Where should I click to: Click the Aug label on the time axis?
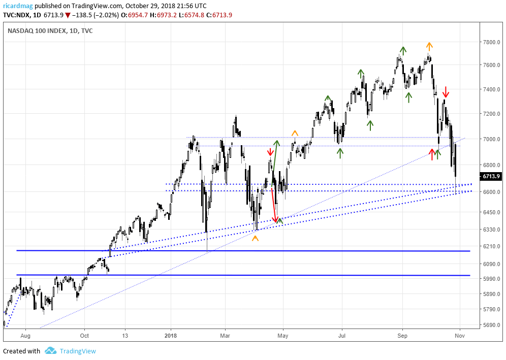25,335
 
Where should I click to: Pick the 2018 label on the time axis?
171,335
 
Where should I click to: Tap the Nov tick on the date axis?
460,335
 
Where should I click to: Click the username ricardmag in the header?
17,6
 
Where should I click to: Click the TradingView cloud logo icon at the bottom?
50,351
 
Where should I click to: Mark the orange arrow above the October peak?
429,45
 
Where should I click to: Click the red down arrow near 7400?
446,92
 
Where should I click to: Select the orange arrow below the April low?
255,238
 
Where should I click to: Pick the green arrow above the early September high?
403,50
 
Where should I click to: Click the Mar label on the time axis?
226,335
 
